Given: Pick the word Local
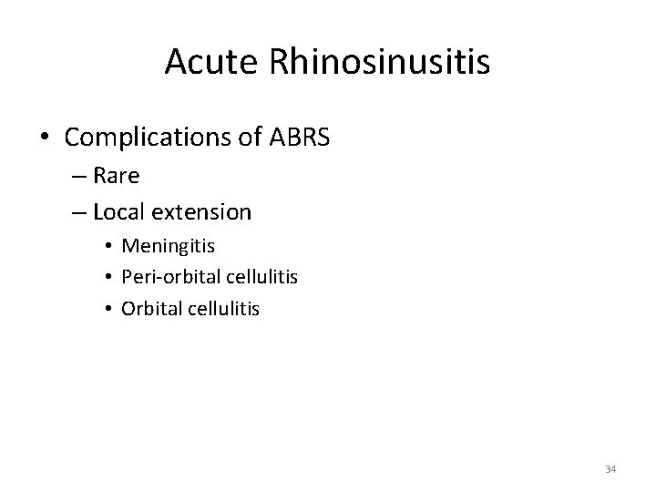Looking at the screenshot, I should tap(120, 212).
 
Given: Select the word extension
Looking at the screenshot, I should tap(202, 212).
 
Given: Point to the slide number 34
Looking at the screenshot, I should tap(610, 469).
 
